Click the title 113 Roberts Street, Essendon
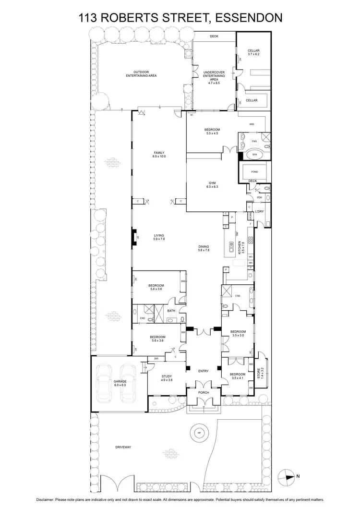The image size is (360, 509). [x=180, y=18]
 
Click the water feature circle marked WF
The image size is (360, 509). [x=198, y=433]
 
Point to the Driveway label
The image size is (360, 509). [x=123, y=447]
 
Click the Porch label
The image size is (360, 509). [x=204, y=392]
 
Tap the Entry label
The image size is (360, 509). [x=204, y=370]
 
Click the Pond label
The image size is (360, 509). [x=254, y=171]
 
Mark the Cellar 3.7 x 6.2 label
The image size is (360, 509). [x=253, y=53]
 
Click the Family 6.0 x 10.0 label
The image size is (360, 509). [x=159, y=155]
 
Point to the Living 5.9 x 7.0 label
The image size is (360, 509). [x=159, y=237]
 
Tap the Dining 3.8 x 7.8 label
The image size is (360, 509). [x=204, y=248]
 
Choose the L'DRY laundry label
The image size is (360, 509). [x=260, y=212]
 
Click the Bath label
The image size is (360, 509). [x=171, y=311]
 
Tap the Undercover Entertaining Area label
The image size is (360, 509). [x=214, y=78]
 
